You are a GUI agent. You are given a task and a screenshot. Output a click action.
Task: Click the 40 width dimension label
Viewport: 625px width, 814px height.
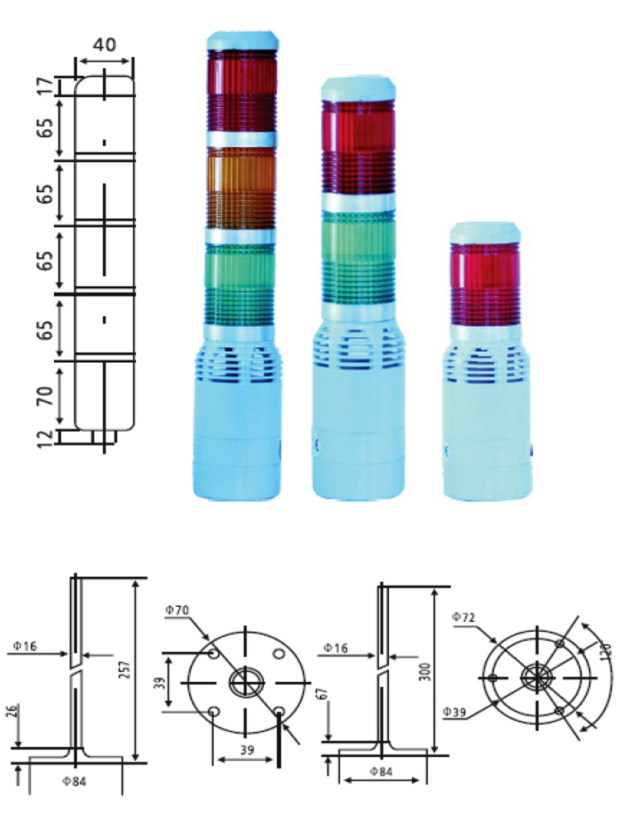coord(104,45)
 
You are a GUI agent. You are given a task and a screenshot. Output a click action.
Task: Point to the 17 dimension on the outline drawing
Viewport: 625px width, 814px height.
coord(45,86)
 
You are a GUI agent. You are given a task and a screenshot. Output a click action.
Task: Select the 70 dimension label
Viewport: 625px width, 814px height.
coord(45,396)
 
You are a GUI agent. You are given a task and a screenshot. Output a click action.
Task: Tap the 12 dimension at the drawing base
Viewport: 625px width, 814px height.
coord(45,438)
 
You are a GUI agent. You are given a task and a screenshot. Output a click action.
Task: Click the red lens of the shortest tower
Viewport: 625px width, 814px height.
coord(485,283)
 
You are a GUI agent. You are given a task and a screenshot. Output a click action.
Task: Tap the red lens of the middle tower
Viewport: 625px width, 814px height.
coord(358,148)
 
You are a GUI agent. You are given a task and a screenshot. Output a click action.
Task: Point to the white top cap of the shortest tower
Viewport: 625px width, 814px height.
coord(485,232)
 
